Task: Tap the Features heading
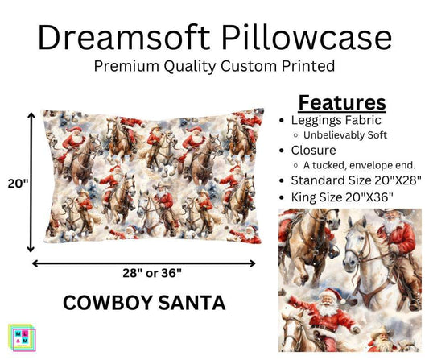[x=342, y=103]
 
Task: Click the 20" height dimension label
[x=17, y=184]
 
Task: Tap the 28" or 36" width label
[x=144, y=275]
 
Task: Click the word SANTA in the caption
[x=196, y=304]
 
